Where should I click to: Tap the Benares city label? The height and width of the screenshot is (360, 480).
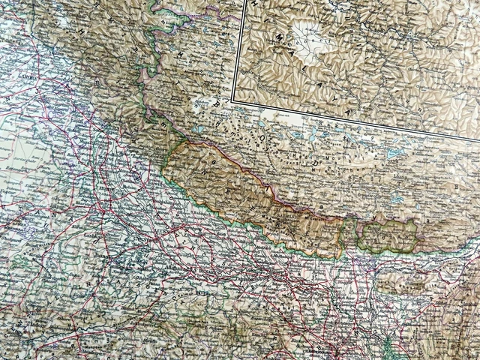225,274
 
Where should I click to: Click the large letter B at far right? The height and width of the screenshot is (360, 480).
456,185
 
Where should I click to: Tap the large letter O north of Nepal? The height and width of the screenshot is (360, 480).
261,139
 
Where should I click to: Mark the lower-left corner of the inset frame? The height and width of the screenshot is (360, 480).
233,99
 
